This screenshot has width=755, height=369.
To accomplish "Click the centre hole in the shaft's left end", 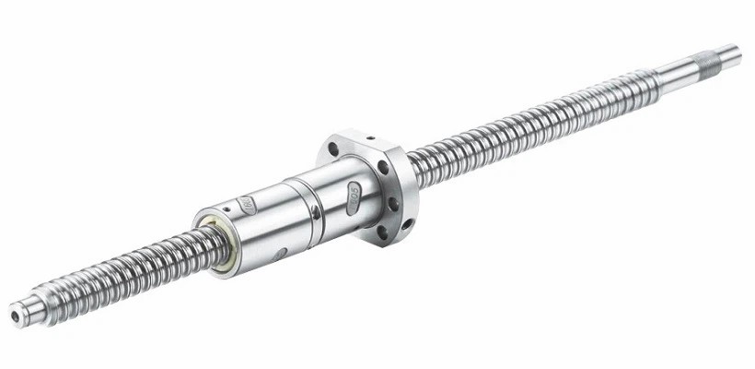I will click(x=15, y=315).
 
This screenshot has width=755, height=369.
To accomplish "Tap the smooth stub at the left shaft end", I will click(x=25, y=311).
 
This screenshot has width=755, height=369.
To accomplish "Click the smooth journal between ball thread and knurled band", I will click(x=677, y=71).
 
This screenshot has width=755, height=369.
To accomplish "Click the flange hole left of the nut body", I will click(x=333, y=149).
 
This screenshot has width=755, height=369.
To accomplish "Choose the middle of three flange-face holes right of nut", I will click(x=393, y=203).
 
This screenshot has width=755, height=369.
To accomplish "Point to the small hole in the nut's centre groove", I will click(x=315, y=211).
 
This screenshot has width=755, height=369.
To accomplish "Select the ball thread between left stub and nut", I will click(x=129, y=271).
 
